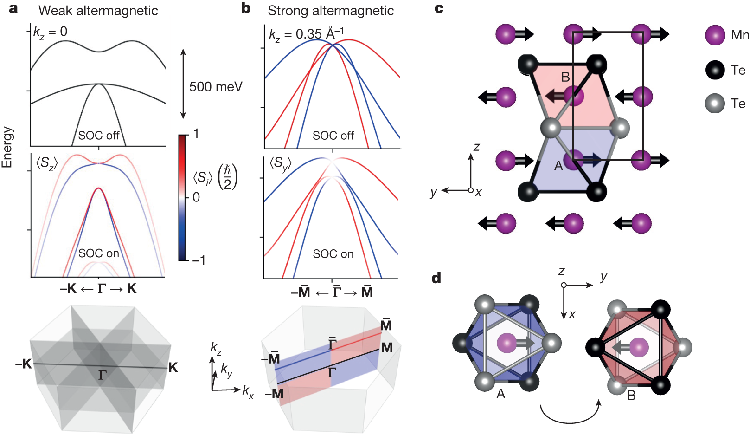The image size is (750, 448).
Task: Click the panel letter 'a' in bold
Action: coord(13,8)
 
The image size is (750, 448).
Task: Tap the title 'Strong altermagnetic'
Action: coord(330,10)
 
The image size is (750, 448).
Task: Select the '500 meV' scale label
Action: coord(215,87)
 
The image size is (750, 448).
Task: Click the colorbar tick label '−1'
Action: coord(198,260)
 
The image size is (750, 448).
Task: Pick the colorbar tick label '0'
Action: coord(196,197)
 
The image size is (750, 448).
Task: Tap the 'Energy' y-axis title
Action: coord(7,147)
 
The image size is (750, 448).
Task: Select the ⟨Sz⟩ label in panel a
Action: coord(47,163)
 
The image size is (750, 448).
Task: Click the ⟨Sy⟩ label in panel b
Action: coord(281,163)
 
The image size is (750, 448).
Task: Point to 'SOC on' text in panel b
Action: coord(333,254)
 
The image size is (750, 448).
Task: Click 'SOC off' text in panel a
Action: coord(98,136)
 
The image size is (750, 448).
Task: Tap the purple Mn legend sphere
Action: coord(715,35)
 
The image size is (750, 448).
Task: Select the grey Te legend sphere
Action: coord(715,104)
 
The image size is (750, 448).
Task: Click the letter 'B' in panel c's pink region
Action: coord(565,77)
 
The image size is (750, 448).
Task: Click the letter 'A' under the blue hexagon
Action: coord(500,394)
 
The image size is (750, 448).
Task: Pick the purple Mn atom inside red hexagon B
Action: coord(639,347)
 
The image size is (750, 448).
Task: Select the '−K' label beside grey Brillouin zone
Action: coord(23,364)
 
